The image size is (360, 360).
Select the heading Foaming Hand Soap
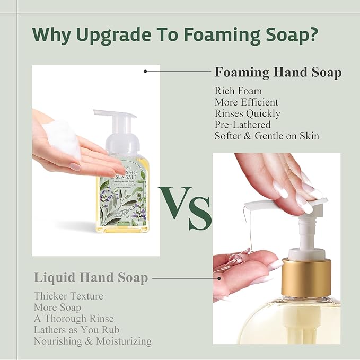pos(278,73)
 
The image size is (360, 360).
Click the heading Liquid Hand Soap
pos(91,277)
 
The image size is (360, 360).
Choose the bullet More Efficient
pos(246,102)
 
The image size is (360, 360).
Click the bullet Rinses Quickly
pos(248,113)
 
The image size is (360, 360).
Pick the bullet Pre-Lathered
pos(242,125)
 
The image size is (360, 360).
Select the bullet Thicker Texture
pos(68,296)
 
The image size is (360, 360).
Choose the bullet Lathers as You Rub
pos(76,330)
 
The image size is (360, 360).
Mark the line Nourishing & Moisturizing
pos(92,341)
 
